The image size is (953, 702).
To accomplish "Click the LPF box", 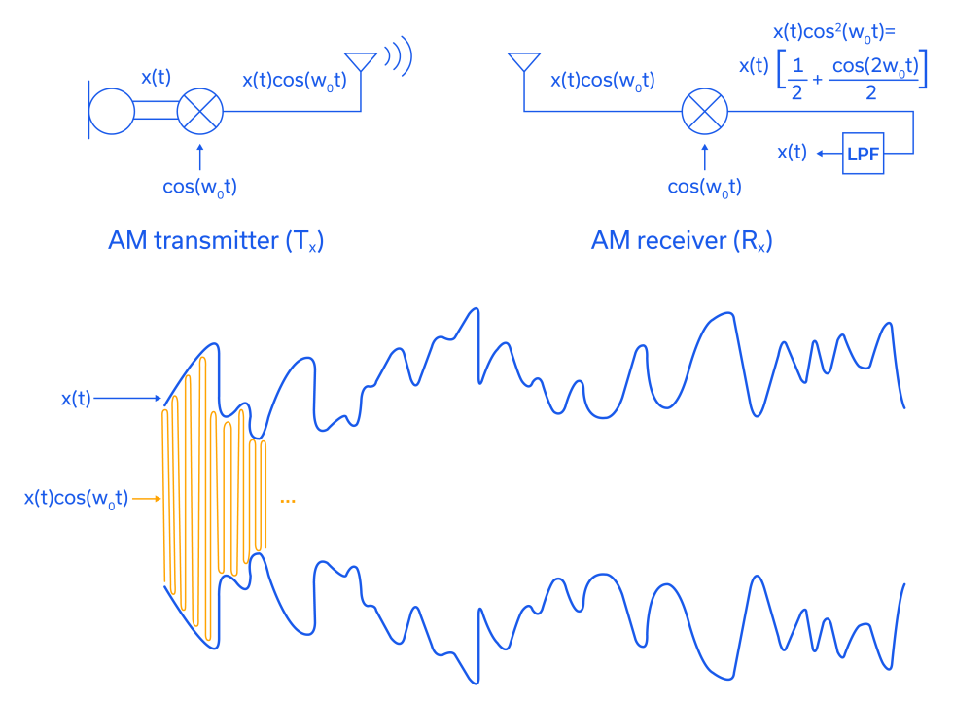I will click(x=863, y=154).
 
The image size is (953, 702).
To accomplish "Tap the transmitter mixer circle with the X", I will click(x=199, y=111).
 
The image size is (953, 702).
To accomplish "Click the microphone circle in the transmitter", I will click(x=111, y=111).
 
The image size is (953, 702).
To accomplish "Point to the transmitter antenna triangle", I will click(x=361, y=60).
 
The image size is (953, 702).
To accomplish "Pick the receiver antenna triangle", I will click(x=524, y=60).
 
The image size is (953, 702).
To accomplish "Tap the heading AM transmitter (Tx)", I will click(x=215, y=241).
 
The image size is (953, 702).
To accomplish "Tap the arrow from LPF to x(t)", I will click(x=828, y=154).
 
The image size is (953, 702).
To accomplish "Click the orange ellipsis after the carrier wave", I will click(x=287, y=501).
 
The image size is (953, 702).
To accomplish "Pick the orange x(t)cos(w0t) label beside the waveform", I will click(x=76, y=499).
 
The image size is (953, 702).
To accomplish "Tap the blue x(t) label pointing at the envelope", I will click(x=76, y=398).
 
